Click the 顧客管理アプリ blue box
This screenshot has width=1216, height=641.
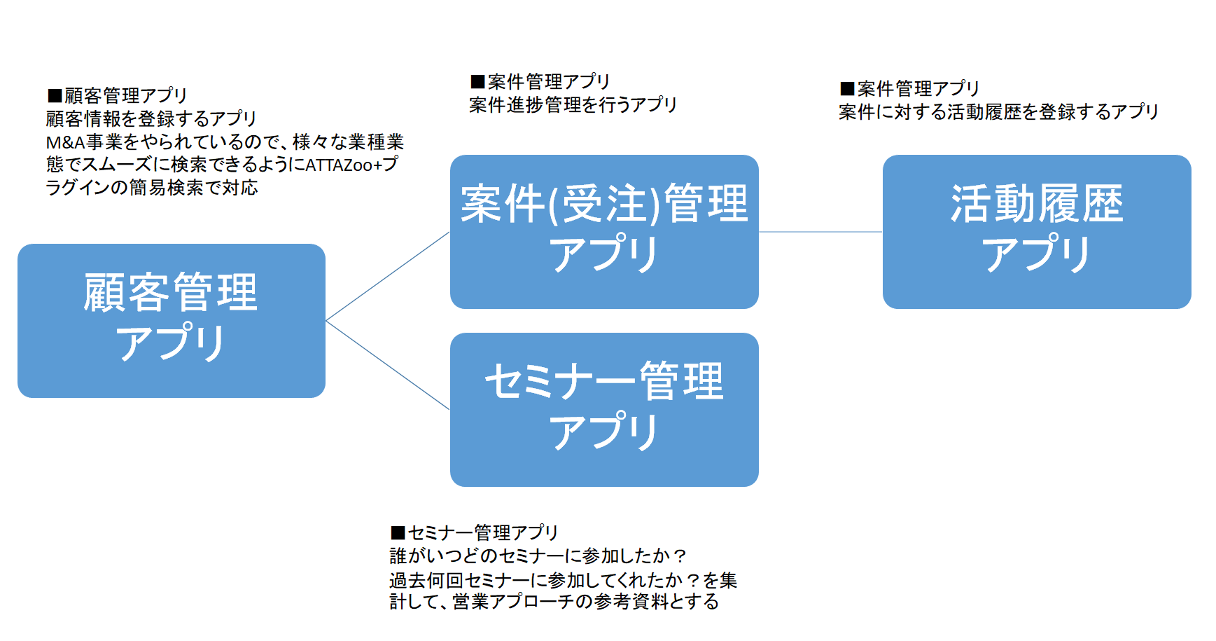[x=172, y=320]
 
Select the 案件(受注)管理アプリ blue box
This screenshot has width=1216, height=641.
[x=604, y=231]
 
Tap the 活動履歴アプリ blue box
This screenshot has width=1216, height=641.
[x=1036, y=231]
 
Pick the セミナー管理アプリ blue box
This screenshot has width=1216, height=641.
[x=604, y=409]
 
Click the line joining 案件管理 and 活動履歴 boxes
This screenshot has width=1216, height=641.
[x=820, y=232]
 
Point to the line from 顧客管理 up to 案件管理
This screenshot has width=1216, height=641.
[x=387, y=277]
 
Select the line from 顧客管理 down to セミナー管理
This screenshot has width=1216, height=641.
[x=387, y=365]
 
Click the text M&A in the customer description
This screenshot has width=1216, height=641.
[x=65, y=142]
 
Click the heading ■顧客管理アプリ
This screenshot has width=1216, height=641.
[x=118, y=95]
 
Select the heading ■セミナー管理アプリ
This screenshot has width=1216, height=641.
[x=474, y=532]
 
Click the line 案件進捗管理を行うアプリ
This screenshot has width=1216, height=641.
[x=573, y=105]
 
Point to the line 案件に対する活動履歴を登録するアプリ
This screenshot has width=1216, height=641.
[x=998, y=112]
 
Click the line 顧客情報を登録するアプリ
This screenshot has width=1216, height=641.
[x=151, y=118]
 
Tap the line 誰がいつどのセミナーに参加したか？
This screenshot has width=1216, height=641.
[x=538, y=556]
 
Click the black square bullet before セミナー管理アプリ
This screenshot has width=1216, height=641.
[x=398, y=533]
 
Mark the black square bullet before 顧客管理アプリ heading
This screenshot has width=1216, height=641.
[x=54, y=96]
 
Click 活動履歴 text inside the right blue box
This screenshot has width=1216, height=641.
[x=1036, y=205]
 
